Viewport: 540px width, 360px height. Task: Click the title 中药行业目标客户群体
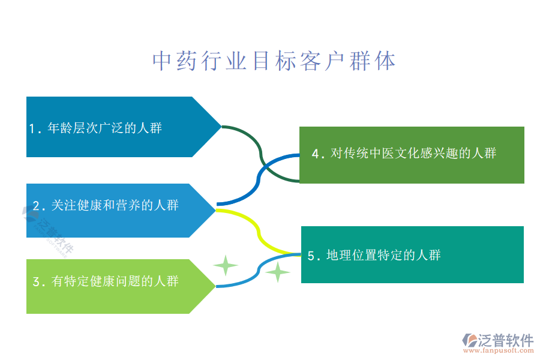pos(274,61)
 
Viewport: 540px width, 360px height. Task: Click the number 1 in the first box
pos(32,128)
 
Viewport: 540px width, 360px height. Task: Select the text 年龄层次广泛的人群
pos(104,128)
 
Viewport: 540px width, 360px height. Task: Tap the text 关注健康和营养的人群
pos(115,206)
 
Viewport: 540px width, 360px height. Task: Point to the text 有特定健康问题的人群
pos(115,281)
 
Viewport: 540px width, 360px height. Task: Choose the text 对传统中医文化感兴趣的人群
pos(413,154)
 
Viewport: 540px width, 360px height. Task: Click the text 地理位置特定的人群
pos(383,256)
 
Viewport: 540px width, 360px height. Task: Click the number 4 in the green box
pos(316,154)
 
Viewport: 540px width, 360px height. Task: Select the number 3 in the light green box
pos(36,281)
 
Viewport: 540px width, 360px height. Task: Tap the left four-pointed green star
pos(226,265)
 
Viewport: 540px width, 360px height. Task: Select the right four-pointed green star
pos(278,272)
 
